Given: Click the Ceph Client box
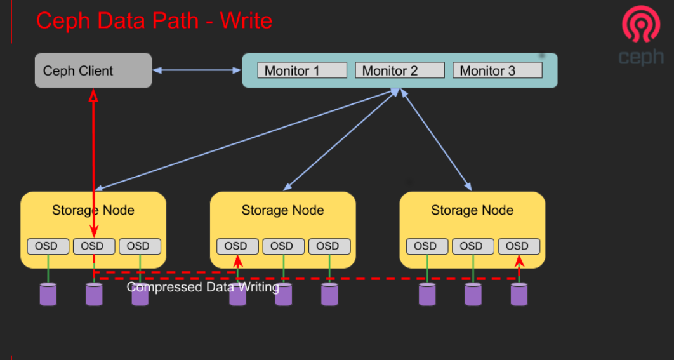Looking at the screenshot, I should (x=93, y=70).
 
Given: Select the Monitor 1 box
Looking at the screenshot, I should (x=302, y=70).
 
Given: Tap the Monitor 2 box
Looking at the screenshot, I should (x=400, y=70).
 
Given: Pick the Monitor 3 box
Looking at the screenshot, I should (x=498, y=70).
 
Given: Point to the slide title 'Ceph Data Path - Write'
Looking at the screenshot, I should (x=154, y=20).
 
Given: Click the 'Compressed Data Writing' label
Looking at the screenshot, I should (x=202, y=288).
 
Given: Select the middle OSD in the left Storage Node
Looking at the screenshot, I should (x=94, y=246).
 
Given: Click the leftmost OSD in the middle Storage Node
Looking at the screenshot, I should (x=237, y=246).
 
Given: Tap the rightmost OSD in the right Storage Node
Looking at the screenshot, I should (x=519, y=246).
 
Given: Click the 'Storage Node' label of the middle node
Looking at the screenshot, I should (x=282, y=210).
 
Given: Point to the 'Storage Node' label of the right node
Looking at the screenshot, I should (x=472, y=210).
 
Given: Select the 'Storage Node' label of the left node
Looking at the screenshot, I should (x=93, y=210).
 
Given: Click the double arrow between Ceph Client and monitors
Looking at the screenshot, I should (x=197, y=70).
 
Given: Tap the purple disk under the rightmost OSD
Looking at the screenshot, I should (x=519, y=294).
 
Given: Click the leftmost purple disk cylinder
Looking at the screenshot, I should (x=48, y=294).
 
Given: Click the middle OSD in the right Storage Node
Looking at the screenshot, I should (x=472, y=246).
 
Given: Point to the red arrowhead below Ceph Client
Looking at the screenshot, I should (x=93, y=96).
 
